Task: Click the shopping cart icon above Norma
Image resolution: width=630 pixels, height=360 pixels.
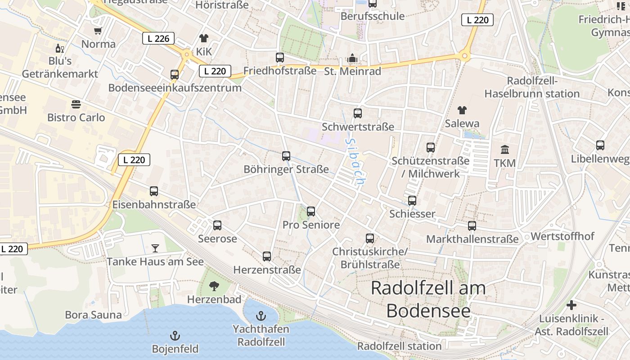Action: (x=98, y=31)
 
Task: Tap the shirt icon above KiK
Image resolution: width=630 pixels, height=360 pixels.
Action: (x=204, y=38)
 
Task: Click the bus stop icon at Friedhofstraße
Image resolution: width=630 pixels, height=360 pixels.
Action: (x=280, y=58)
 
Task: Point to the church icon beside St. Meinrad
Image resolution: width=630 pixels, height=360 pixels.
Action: (x=352, y=58)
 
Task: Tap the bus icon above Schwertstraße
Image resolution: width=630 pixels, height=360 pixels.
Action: (x=358, y=113)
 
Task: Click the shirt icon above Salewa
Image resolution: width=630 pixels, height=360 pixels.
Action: (x=462, y=110)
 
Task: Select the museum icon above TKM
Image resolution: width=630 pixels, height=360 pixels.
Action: (x=505, y=150)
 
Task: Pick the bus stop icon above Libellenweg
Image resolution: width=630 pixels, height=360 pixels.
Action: (x=600, y=145)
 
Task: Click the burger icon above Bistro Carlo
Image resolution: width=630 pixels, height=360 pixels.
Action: (x=76, y=104)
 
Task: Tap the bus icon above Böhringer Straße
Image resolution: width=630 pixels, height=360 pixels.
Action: (x=286, y=156)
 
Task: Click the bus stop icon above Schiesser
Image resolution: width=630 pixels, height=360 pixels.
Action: (x=412, y=201)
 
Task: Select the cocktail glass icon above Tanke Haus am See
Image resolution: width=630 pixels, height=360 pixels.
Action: (x=155, y=248)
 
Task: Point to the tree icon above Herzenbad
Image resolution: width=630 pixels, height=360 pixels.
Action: (x=214, y=286)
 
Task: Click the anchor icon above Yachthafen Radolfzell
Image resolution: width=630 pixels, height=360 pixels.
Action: (x=261, y=315)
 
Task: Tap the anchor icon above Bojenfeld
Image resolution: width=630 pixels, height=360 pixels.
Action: (x=175, y=336)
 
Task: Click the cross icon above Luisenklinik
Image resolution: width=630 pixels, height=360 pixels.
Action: (x=571, y=306)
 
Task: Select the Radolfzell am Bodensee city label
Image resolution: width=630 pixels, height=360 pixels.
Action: (x=428, y=299)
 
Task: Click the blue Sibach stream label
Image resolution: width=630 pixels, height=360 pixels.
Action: (x=355, y=162)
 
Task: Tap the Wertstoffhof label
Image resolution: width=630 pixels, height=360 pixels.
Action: (x=562, y=236)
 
